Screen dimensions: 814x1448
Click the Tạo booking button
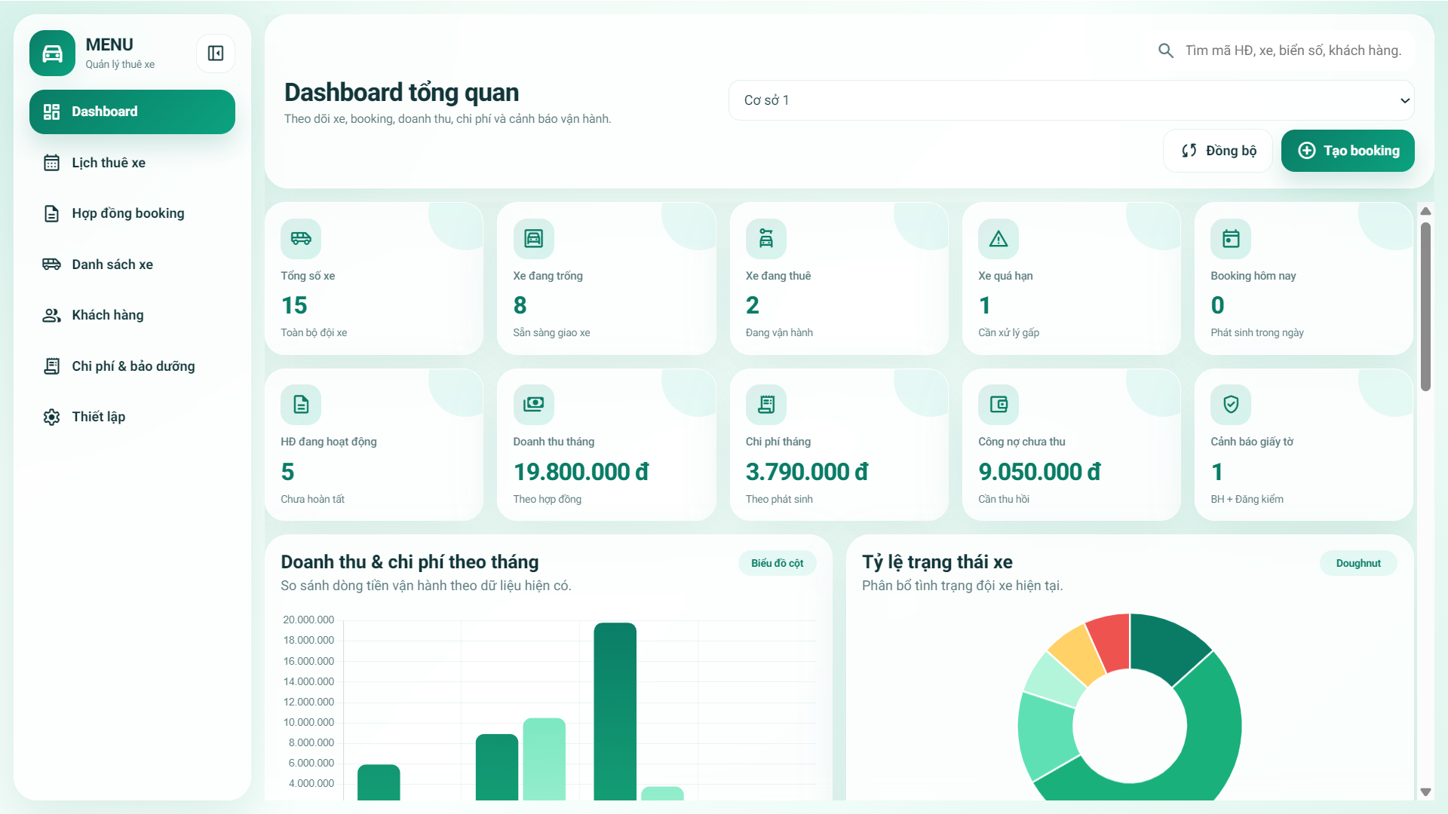click(x=1348, y=151)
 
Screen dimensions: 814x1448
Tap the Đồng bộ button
click(x=1218, y=151)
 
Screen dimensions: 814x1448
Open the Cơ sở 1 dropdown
click(x=1071, y=100)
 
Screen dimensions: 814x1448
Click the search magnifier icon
click(x=1165, y=50)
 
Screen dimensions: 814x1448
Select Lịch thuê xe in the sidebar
click(x=109, y=163)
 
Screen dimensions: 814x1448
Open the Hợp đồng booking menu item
click(x=127, y=213)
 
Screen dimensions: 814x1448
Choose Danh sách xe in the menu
click(x=112, y=265)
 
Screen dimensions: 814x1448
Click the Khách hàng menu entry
click(x=107, y=315)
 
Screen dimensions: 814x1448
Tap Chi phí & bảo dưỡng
click(x=133, y=366)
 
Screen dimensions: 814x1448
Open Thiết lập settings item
click(x=98, y=417)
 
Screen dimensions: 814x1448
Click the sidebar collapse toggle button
click(x=216, y=54)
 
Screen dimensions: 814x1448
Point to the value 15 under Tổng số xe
click(x=294, y=305)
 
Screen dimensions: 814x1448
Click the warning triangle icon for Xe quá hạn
click(x=999, y=239)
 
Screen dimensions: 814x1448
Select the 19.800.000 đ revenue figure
click(x=581, y=472)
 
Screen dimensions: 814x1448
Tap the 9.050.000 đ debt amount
click(x=1039, y=472)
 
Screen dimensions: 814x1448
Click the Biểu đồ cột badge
click(x=777, y=563)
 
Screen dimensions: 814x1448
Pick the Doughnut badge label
click(x=1358, y=563)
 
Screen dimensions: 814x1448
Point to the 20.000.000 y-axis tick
click(x=308, y=620)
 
